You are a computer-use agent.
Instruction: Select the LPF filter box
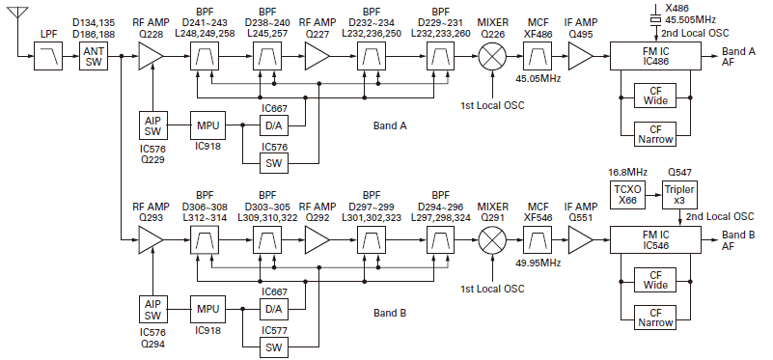(46, 62)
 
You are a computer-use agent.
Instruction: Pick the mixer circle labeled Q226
(494, 61)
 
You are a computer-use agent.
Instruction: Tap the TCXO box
(625, 191)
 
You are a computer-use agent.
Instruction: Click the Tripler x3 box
(679, 191)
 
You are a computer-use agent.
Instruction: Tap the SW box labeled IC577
(273, 346)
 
